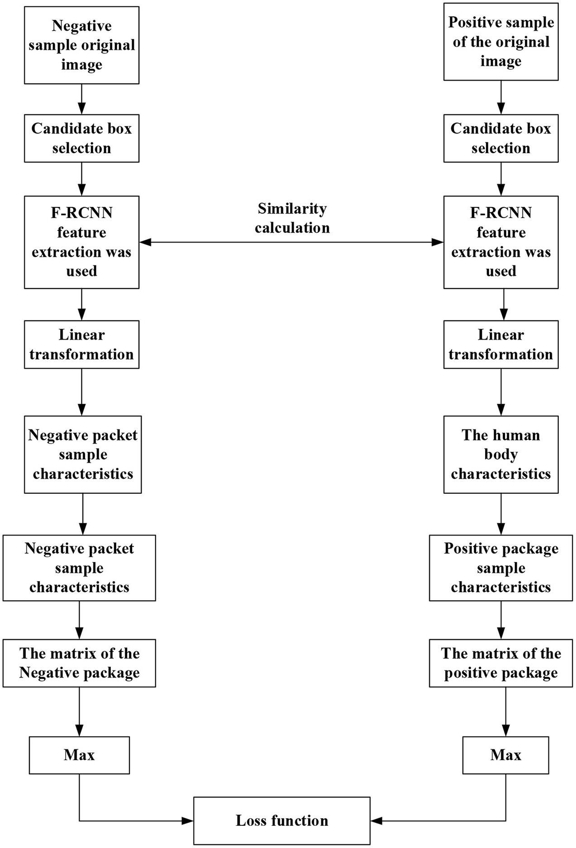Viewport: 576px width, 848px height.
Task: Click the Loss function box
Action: pyautogui.click(x=281, y=820)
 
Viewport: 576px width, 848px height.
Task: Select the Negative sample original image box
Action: pyautogui.click(x=81, y=45)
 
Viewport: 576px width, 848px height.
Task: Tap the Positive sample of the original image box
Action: pyautogui.click(x=500, y=42)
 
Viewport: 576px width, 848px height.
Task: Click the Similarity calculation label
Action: pyautogui.click(x=292, y=218)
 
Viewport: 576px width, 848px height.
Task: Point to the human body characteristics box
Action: pyautogui.click(x=500, y=454)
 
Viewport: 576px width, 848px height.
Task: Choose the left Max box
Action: pyautogui.click(x=79, y=755)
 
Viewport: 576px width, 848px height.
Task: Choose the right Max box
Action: pyautogui.click(x=505, y=755)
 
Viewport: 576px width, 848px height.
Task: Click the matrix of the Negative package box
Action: pyautogui.click(x=79, y=663)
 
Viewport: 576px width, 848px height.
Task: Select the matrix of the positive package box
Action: pyautogui.click(x=500, y=663)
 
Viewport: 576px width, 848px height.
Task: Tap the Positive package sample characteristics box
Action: pyautogui.click(x=500, y=568)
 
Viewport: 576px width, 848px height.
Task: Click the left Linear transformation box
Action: pyautogui.click(x=81, y=344)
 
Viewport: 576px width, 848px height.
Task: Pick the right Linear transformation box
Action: pyautogui.click(x=500, y=344)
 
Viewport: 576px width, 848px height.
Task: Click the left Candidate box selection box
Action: pyautogui.click(x=81, y=138)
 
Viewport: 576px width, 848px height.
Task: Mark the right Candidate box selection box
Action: pyautogui.click(x=500, y=138)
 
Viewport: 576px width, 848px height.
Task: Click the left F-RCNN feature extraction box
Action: pyautogui.click(x=81, y=242)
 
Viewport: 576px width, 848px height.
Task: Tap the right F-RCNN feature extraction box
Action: pyautogui.click(x=500, y=242)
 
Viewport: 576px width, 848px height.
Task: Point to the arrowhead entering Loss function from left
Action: pyautogui.click(x=188, y=820)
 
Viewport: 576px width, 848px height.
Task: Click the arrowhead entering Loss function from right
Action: pyautogui.click(x=376, y=820)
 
